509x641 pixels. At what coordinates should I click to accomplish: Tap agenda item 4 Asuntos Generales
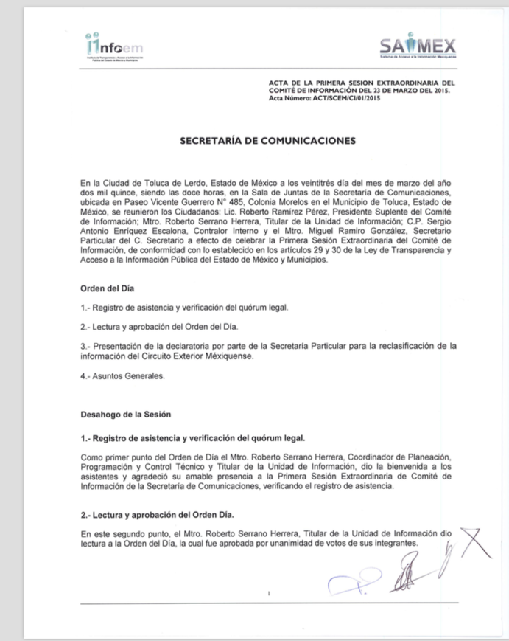(x=123, y=376)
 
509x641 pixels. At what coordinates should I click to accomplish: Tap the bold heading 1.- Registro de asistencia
(x=193, y=439)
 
